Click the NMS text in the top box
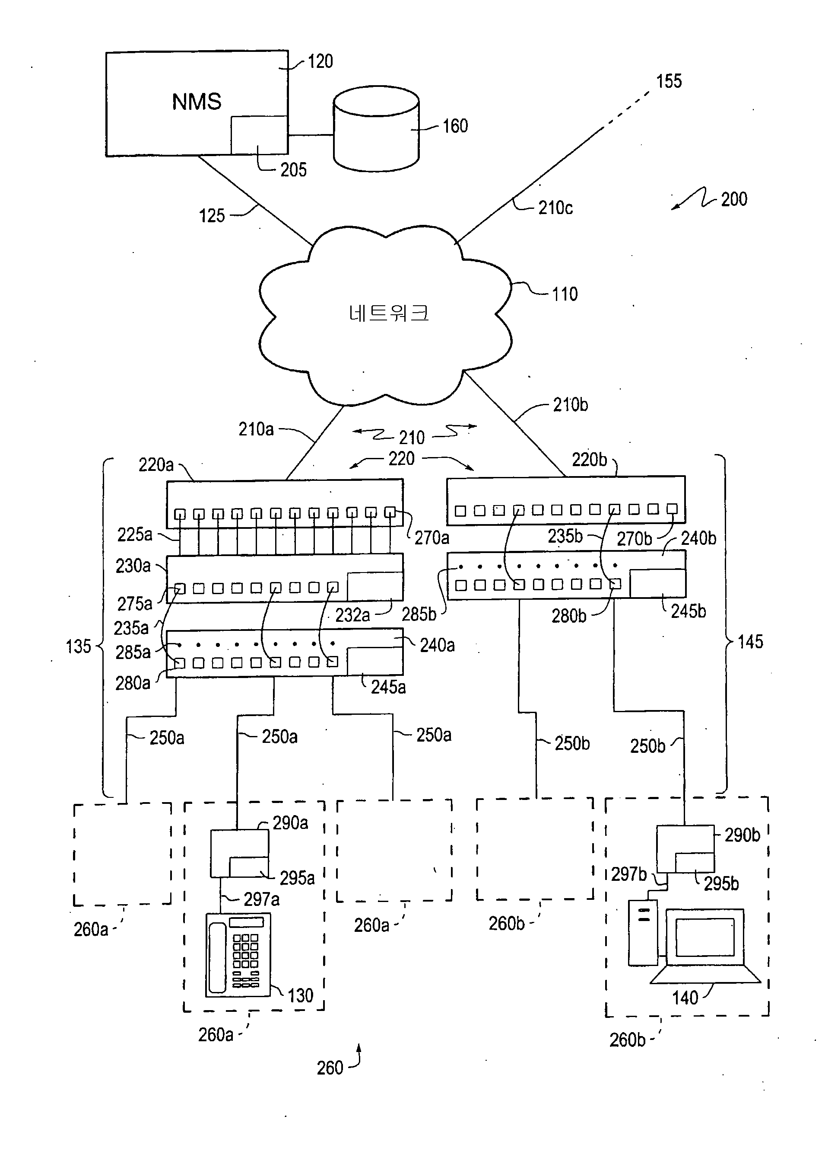point(197,102)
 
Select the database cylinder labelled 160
point(376,129)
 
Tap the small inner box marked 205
point(258,135)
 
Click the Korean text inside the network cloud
point(388,313)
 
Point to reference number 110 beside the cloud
point(565,294)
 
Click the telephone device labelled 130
point(238,955)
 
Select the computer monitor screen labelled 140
point(704,937)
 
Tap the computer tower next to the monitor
point(643,933)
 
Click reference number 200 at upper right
point(733,199)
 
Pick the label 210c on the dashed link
point(555,208)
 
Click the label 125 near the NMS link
point(212,216)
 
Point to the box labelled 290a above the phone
point(239,853)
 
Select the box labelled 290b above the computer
point(685,849)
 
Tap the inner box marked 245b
point(657,583)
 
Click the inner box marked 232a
point(374,586)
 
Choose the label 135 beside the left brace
point(78,646)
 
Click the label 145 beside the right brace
point(750,642)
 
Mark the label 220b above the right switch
point(589,460)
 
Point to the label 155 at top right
point(669,81)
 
